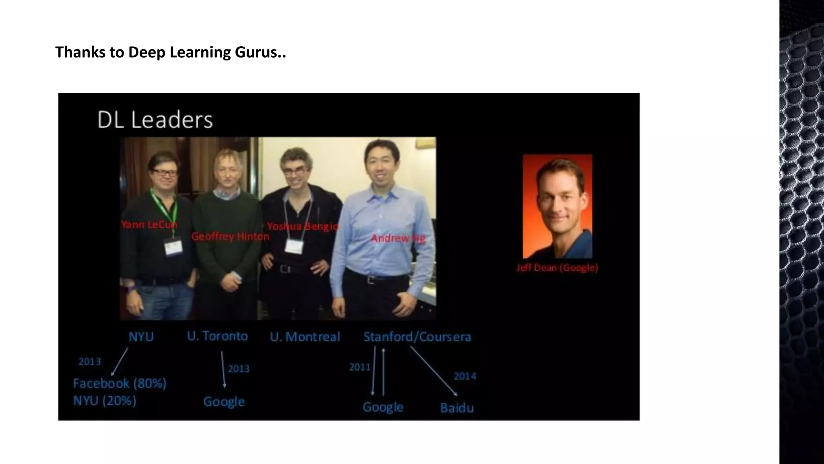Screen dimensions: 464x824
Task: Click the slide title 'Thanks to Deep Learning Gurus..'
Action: [171, 52]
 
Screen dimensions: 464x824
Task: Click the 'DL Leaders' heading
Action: [155, 120]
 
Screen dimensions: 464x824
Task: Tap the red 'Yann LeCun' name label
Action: [149, 224]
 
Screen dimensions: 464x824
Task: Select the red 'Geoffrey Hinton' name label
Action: [230, 236]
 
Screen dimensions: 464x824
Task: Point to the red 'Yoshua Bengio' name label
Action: [303, 226]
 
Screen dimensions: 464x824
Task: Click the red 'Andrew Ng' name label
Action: [398, 238]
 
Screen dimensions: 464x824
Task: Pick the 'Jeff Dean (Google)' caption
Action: [557, 268]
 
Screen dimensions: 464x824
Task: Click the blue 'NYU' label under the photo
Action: [141, 337]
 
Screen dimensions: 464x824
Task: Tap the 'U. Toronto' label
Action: [217, 336]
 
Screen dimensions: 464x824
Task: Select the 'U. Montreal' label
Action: [305, 337]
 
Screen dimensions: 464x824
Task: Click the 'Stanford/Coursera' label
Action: [417, 337]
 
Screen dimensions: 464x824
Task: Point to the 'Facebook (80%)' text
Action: [119, 383]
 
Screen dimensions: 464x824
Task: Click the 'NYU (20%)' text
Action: [105, 401]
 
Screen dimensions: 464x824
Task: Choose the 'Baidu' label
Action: [457, 408]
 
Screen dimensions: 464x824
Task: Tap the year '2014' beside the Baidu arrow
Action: [465, 376]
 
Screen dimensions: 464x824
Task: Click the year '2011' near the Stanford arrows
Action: [359, 367]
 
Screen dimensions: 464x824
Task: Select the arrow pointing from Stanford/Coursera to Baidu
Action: [433, 371]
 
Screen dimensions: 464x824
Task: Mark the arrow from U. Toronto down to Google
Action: [223, 369]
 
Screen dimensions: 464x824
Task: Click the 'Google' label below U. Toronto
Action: [224, 402]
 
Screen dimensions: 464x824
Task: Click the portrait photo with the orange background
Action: [557, 206]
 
